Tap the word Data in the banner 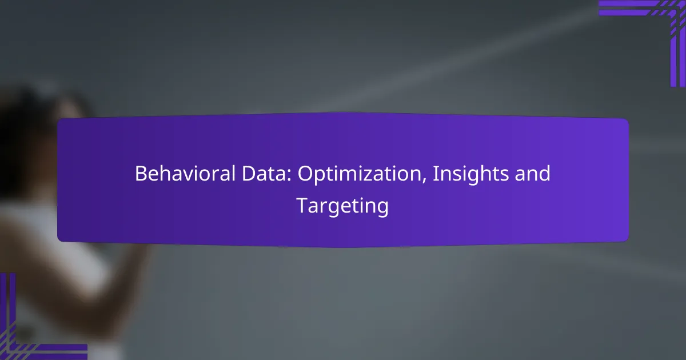point(264,174)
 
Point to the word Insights point(470,174)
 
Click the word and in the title point(532,174)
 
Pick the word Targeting point(342,206)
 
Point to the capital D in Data point(249,174)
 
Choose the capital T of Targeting point(302,205)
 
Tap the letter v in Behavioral point(188,176)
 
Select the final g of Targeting point(382,209)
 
